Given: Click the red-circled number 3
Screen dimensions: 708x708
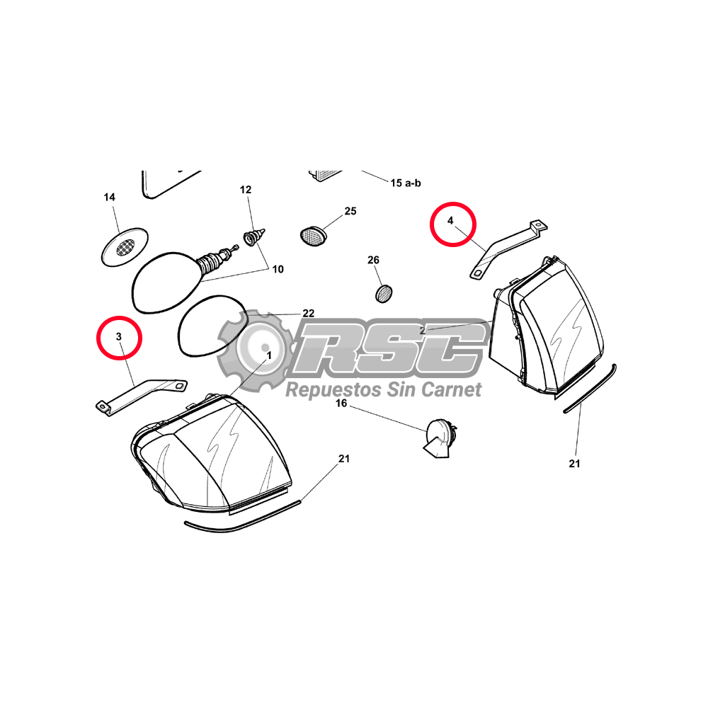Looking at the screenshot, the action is point(119,337).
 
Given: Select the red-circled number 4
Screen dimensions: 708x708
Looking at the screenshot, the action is point(450,221).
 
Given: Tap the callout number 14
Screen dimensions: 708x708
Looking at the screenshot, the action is point(109,198).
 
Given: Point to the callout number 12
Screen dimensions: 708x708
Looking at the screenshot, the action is point(246,190).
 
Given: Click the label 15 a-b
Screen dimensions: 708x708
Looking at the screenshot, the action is point(406,183).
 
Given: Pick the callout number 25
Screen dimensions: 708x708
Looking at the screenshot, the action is point(350,211).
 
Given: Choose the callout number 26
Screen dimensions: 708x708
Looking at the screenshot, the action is point(373,260).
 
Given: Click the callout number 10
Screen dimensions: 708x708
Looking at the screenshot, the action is point(278,270).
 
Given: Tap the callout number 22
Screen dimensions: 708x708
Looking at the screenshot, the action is point(309,314).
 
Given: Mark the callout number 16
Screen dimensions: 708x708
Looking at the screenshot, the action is point(341,404).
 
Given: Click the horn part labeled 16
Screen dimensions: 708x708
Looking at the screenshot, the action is point(440,438).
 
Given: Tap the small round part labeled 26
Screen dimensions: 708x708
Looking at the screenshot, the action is point(384,294).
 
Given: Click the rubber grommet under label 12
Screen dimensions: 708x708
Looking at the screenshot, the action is point(254,237).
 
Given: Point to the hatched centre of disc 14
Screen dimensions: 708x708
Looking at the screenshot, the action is point(125,247).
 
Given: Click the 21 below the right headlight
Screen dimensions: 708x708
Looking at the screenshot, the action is point(574,464).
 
